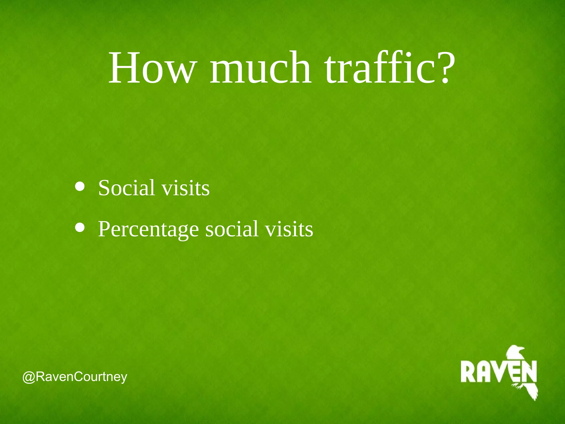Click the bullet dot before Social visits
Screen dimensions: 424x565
coord(80,187)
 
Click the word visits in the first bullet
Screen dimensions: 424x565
coord(185,188)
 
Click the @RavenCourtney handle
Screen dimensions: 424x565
coord(75,377)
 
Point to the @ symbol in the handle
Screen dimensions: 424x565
coord(29,377)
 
